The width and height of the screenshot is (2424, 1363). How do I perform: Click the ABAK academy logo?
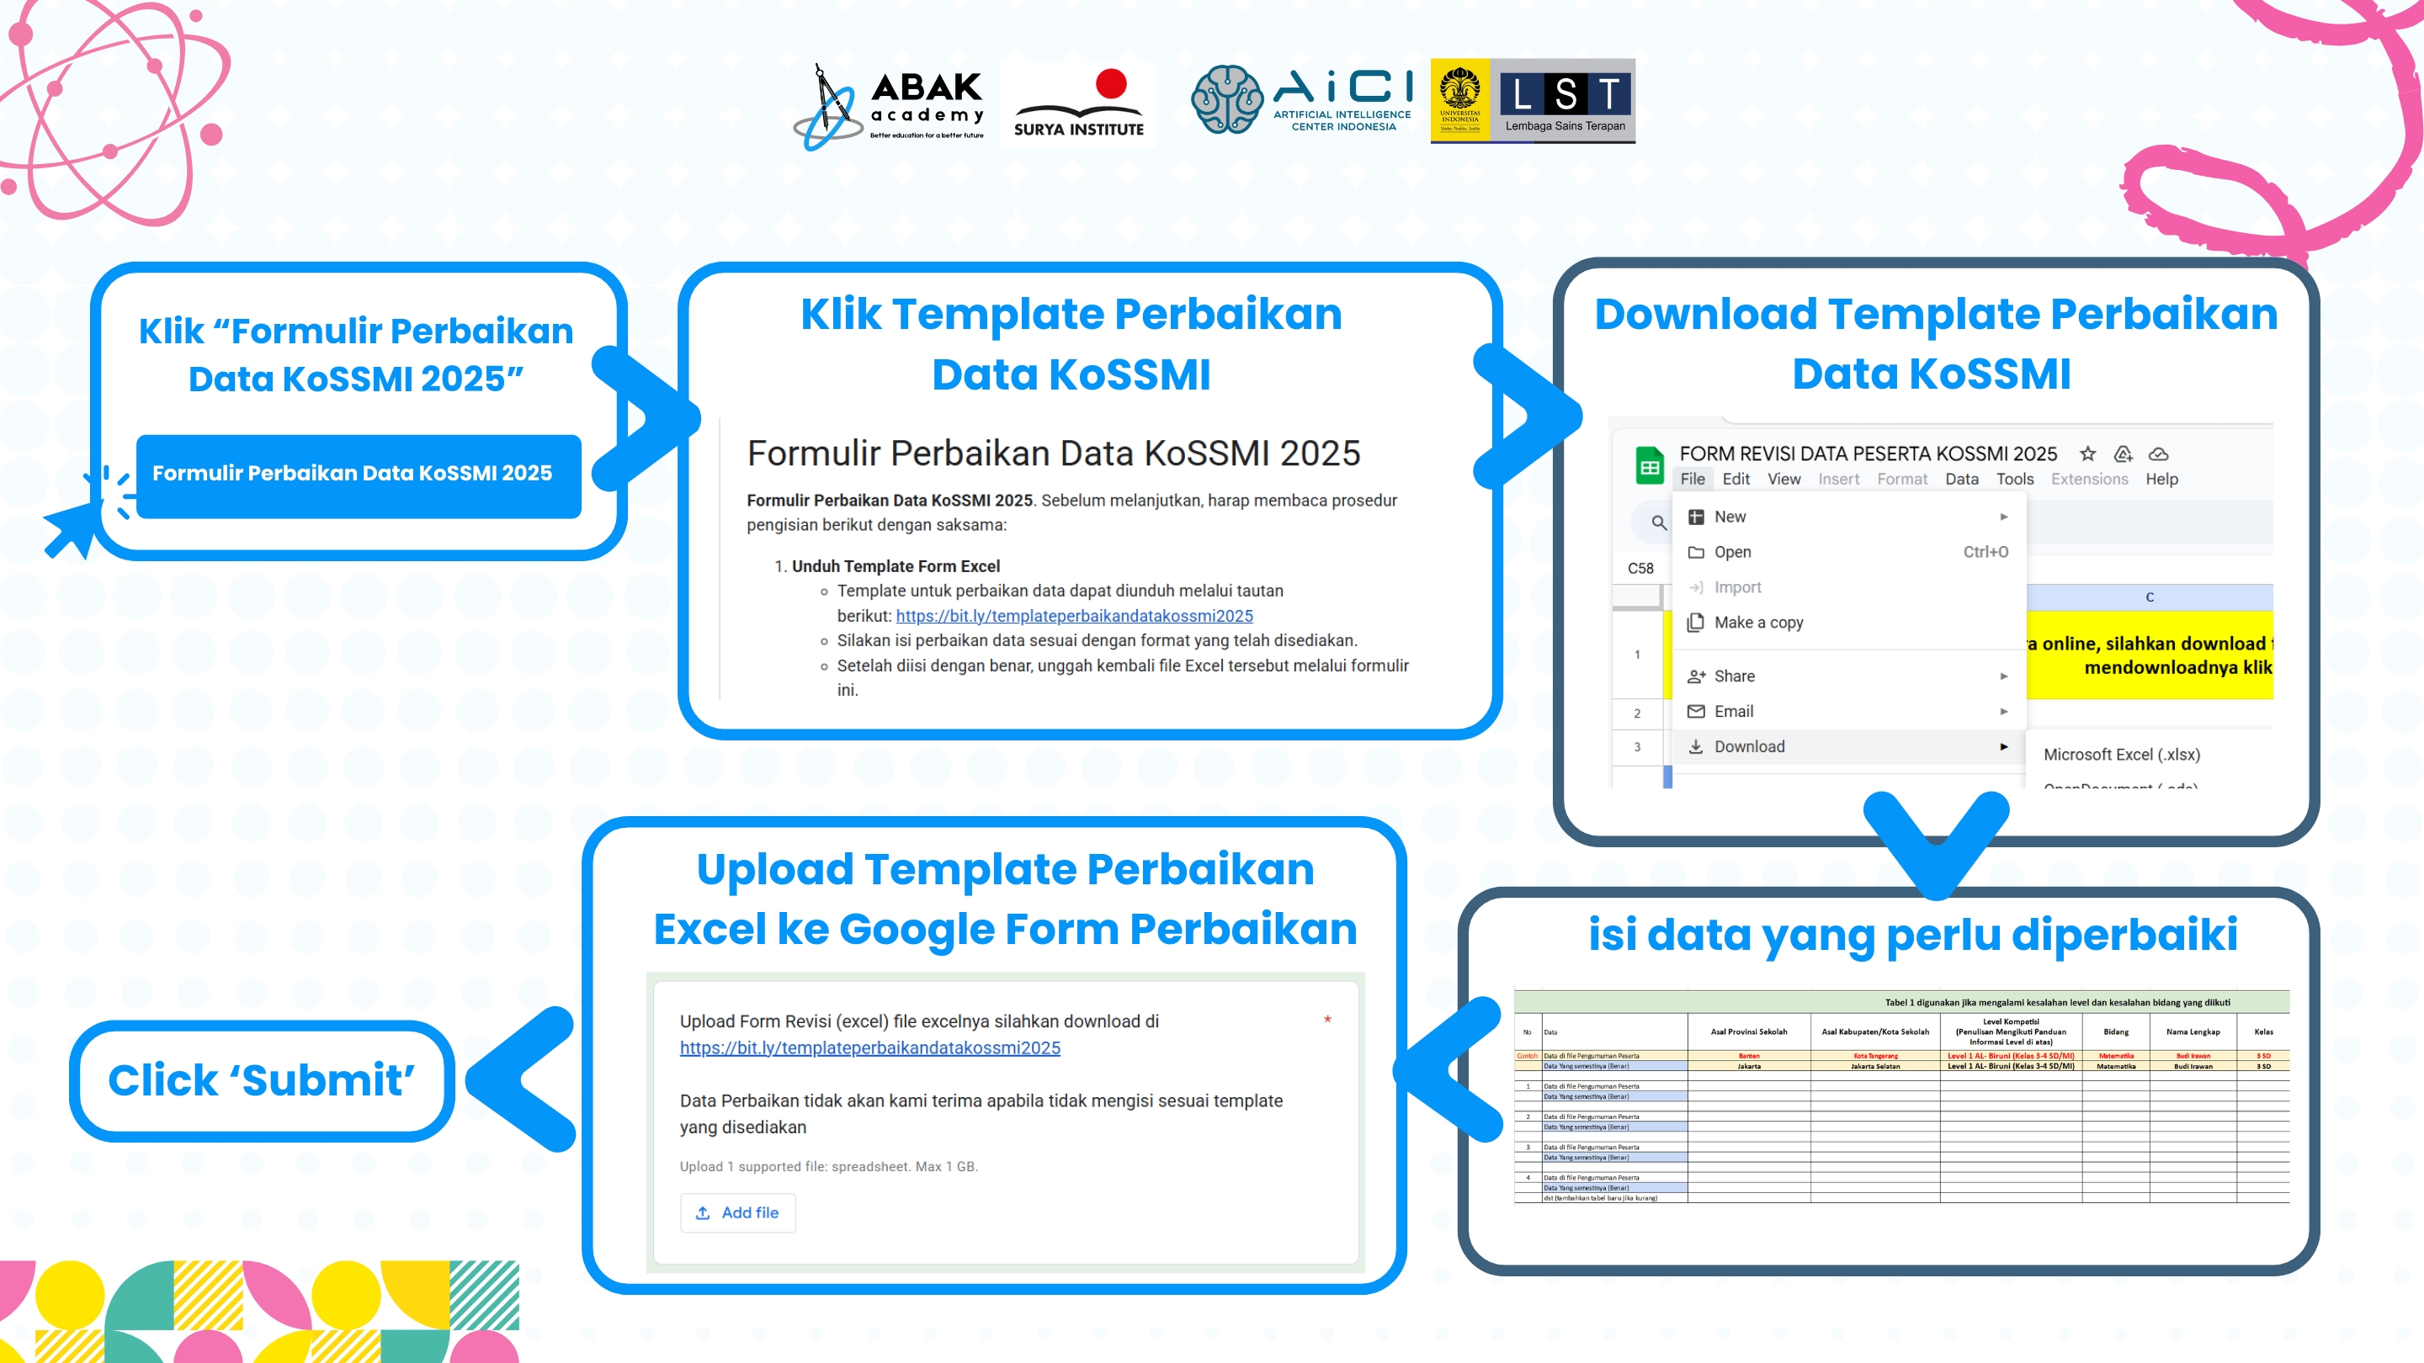tap(890, 105)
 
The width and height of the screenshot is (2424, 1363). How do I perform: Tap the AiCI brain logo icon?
tap(1226, 100)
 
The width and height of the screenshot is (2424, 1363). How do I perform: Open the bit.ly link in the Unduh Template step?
tap(1074, 616)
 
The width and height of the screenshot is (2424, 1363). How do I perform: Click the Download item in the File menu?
tap(1748, 747)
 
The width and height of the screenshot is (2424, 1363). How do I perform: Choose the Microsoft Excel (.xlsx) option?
tap(2121, 755)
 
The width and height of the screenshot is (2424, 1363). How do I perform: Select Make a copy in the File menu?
tap(1757, 623)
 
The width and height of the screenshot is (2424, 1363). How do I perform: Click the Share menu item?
tap(1733, 676)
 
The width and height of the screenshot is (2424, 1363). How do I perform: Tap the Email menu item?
tap(1733, 712)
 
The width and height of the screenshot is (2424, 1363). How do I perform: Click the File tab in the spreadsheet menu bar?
tap(1692, 480)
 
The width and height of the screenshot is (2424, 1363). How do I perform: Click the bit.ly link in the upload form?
tap(869, 1047)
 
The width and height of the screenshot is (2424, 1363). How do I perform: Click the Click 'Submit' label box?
tap(261, 1081)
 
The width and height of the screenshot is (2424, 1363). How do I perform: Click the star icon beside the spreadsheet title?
tap(2087, 454)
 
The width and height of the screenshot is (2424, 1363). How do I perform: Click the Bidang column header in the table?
tap(2115, 1032)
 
